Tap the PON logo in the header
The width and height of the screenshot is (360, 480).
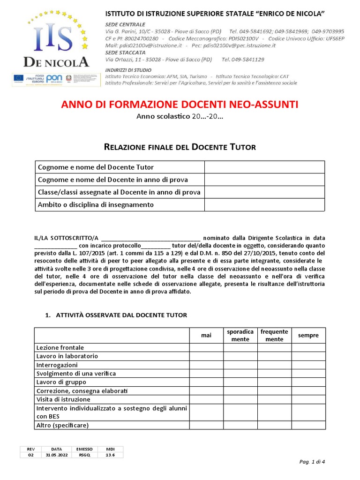(x=55, y=79)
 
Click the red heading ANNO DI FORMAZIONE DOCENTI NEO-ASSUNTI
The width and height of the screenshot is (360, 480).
(x=180, y=104)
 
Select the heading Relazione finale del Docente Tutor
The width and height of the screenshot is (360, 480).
(x=180, y=147)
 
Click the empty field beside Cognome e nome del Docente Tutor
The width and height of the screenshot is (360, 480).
(x=264, y=167)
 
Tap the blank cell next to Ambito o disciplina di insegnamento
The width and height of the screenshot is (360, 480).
(x=264, y=205)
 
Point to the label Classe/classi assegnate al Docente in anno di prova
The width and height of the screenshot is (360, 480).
(x=119, y=192)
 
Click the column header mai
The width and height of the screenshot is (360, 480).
(x=206, y=335)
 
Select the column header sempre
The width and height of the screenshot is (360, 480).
(x=308, y=335)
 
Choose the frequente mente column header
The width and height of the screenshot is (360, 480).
(x=274, y=335)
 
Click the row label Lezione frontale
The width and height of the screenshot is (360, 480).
(x=60, y=348)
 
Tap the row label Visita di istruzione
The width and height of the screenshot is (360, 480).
(x=63, y=399)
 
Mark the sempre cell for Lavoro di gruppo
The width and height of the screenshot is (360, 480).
(x=308, y=382)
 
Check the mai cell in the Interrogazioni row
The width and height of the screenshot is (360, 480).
(x=206, y=365)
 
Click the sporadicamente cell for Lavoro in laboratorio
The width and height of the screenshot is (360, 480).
(x=240, y=356)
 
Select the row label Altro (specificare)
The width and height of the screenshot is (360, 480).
(x=62, y=425)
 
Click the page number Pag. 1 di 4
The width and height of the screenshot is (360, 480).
(x=312, y=462)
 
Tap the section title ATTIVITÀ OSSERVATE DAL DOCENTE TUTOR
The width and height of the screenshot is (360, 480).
(x=121, y=315)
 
